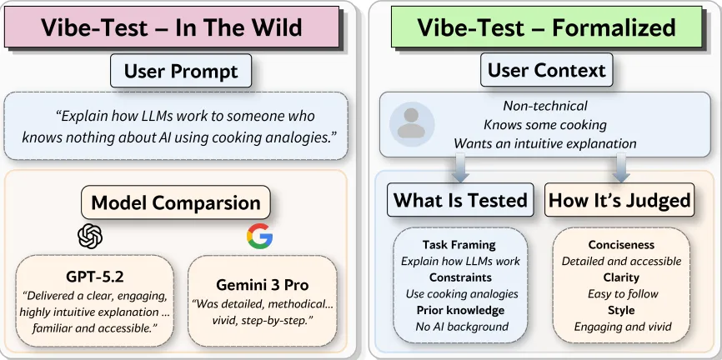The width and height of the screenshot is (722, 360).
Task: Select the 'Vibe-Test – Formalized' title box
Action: pyautogui.click(x=546, y=27)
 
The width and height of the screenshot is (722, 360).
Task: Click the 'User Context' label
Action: pyautogui.click(x=546, y=71)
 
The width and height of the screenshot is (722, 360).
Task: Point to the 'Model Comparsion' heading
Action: pyautogui.click(x=176, y=202)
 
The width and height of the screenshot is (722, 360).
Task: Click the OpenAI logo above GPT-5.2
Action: pyautogui.click(x=90, y=237)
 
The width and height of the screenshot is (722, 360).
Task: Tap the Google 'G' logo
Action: pyautogui.click(x=259, y=237)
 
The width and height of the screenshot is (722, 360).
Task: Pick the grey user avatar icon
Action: pyautogui.click(x=410, y=123)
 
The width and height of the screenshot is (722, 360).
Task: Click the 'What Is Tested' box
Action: pyautogui.click(x=460, y=200)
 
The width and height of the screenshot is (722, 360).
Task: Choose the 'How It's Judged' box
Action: pyautogui.click(x=619, y=200)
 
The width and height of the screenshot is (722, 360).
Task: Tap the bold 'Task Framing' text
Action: pyautogui.click(x=459, y=245)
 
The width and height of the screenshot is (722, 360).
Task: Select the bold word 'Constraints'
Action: pyautogui.click(x=459, y=277)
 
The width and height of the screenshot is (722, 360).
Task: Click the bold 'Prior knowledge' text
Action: pyautogui.click(x=459, y=310)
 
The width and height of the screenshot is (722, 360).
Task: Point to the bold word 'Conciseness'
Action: pyautogui.click(x=621, y=245)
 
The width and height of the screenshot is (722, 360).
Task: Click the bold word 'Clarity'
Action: pyautogui.click(x=621, y=277)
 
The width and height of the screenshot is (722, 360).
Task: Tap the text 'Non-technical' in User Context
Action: pyautogui.click(x=545, y=106)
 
